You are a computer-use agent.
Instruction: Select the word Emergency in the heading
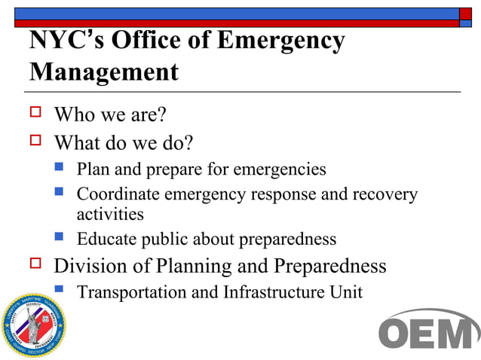tap(281, 42)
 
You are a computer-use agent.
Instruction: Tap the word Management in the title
tap(104, 73)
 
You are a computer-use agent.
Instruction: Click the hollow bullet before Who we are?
tap(35, 114)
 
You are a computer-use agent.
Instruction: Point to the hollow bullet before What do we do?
tap(35, 140)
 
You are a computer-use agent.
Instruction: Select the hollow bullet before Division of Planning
tap(35, 264)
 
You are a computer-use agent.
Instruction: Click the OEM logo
tap(427, 330)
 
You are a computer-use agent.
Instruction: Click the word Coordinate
tap(118, 194)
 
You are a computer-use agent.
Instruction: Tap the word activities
tap(110, 214)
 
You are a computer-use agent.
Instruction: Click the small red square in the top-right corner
tap(466, 13)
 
